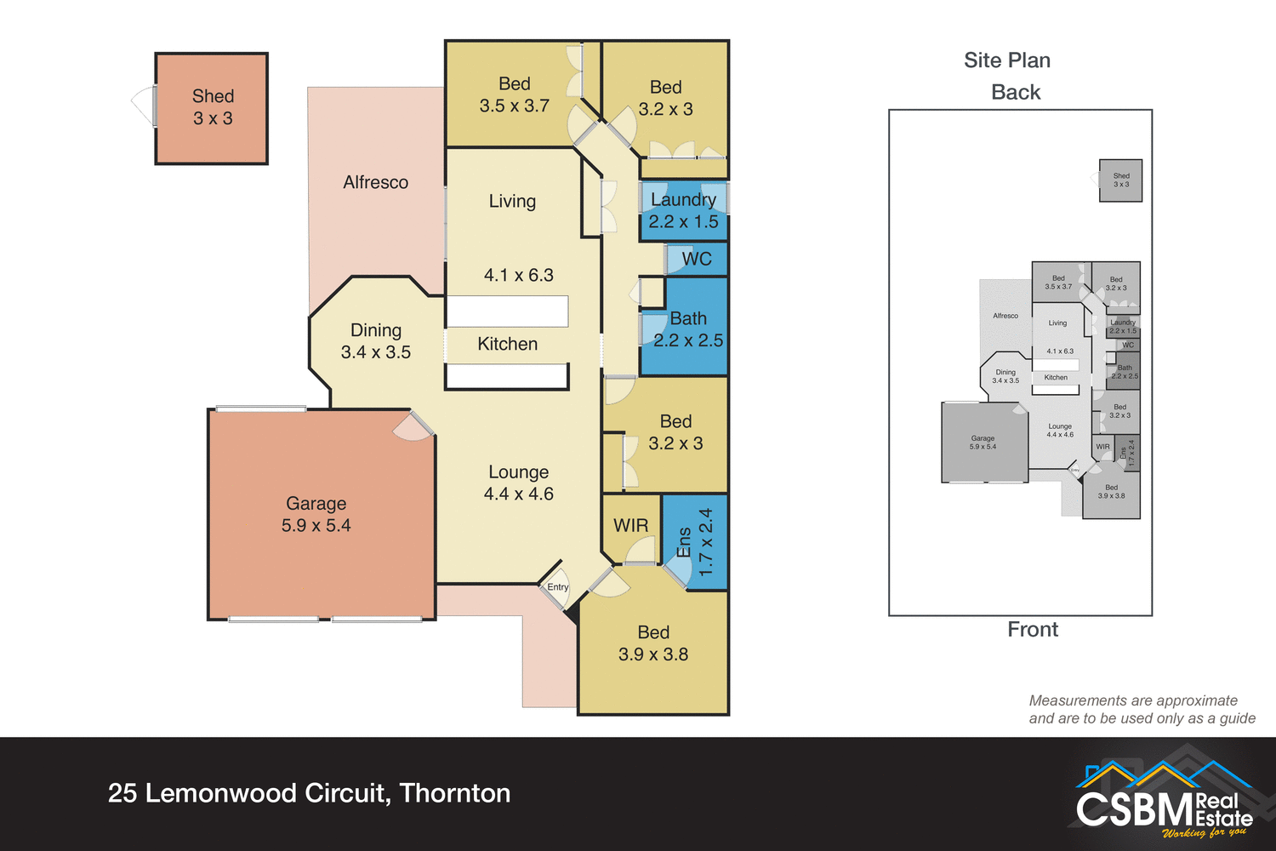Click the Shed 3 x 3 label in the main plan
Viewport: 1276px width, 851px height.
(x=213, y=107)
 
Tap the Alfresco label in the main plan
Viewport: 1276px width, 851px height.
(x=375, y=182)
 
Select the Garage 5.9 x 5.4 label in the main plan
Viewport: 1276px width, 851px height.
(x=316, y=514)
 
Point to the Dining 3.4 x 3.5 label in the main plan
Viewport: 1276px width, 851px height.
(x=375, y=340)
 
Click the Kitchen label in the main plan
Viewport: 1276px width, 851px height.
(x=507, y=344)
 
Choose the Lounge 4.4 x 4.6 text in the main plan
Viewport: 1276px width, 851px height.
(x=518, y=483)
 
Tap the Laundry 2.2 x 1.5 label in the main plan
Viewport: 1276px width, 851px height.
(x=683, y=210)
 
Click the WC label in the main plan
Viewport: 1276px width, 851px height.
(x=696, y=259)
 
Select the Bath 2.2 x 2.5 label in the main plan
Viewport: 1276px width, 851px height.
(x=687, y=329)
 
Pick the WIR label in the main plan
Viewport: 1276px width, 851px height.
(x=630, y=525)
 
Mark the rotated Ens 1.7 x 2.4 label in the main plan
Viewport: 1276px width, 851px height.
(x=695, y=543)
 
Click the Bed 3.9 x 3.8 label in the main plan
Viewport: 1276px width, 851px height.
(x=652, y=643)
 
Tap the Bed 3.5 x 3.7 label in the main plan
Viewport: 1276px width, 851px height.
(x=514, y=94)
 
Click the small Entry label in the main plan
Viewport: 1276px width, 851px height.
(x=557, y=587)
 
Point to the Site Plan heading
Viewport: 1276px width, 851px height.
(x=1006, y=60)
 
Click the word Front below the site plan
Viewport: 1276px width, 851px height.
(x=1033, y=630)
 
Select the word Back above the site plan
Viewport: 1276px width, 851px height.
(x=1016, y=92)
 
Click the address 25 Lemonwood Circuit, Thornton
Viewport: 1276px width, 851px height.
(x=309, y=793)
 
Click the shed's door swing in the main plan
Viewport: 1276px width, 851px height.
(x=143, y=106)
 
